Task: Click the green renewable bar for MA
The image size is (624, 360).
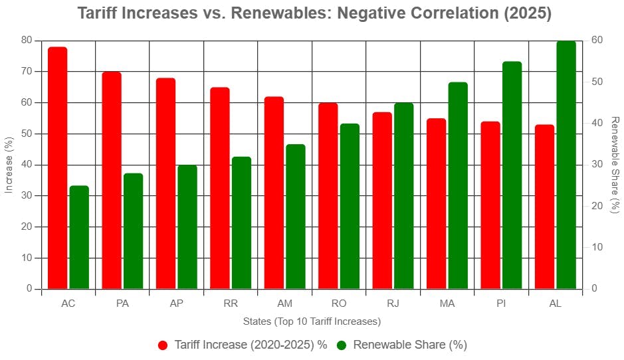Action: coord(457,185)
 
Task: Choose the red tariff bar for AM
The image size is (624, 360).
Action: coord(274,193)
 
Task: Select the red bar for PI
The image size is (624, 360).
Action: coord(490,205)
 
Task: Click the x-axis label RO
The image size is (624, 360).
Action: coord(338,304)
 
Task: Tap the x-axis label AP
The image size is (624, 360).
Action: coord(176,304)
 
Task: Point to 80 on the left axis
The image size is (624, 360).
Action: coord(26,41)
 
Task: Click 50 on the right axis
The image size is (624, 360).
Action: coord(597,82)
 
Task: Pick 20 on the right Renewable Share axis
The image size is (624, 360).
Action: coord(597,206)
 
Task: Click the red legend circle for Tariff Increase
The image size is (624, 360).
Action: coord(163,345)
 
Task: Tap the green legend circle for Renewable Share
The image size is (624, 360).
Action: coord(342,345)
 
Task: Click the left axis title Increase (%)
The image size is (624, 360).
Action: coord(9,165)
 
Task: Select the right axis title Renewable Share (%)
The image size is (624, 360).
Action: coord(615,165)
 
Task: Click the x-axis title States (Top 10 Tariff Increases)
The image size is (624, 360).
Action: coord(312,321)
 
